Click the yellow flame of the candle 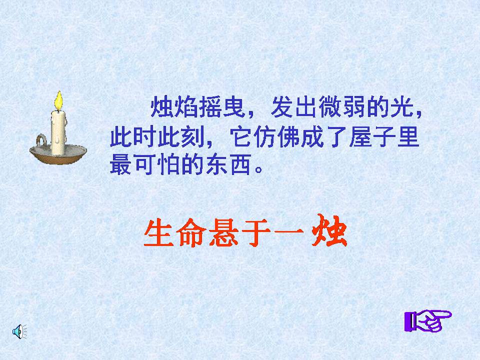[x=59, y=100]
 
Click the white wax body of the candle [x=58, y=131]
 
